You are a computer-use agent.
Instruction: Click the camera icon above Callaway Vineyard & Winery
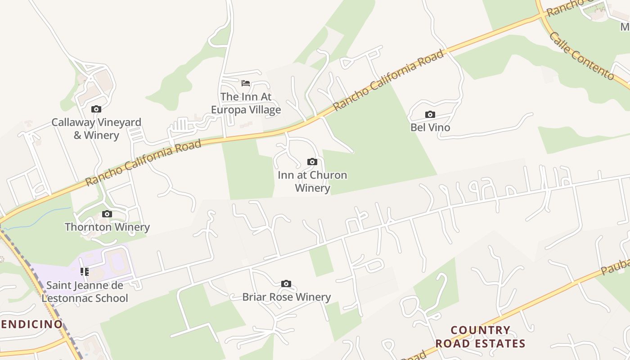coord(96,109)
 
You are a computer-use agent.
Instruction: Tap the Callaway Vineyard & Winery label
coord(96,129)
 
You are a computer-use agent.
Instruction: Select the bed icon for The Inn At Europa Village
coord(246,83)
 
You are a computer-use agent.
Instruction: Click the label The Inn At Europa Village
coord(246,103)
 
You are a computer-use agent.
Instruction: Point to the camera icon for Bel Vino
coord(430,115)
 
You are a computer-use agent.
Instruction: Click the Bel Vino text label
coord(430,127)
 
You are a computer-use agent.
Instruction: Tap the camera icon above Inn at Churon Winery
coord(312,162)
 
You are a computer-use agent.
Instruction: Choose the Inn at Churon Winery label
coord(312,181)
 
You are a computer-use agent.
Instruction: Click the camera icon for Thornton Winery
coord(107,214)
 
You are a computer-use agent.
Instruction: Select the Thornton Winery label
coord(107,227)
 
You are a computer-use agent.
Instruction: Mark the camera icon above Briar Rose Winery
coord(286,284)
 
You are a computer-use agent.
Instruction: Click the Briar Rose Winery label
coord(287,297)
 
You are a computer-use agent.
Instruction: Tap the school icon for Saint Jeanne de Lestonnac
coord(85,272)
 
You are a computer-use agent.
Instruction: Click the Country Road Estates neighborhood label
coord(480,337)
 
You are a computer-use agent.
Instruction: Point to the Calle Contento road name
coord(582,56)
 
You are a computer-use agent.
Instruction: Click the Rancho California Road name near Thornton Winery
coord(143,162)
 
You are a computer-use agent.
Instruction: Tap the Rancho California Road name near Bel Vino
coord(388,80)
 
